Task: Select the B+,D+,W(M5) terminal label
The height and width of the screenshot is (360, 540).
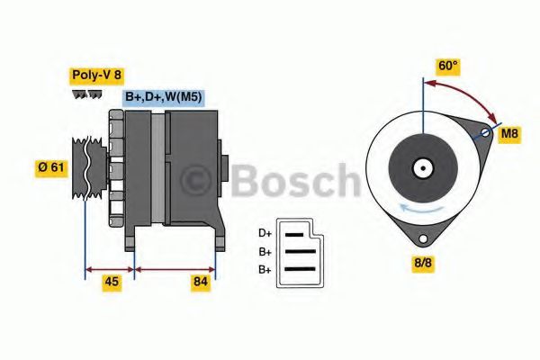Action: click(x=163, y=97)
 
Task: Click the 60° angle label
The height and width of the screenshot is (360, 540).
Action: click(x=447, y=66)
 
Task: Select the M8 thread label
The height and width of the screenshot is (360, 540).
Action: click(x=509, y=134)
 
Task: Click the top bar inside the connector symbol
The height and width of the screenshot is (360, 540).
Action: click(x=295, y=235)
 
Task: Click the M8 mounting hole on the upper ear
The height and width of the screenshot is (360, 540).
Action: click(x=484, y=134)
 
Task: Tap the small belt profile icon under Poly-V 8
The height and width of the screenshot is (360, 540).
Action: click(x=86, y=94)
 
